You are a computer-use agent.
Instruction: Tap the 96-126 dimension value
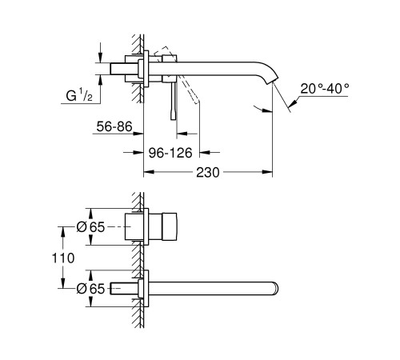pyautogui.click(x=171, y=153)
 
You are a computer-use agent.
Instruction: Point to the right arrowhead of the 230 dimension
pyautogui.click(x=269, y=172)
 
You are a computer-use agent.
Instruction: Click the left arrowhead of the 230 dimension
pyautogui.click(x=147, y=172)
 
